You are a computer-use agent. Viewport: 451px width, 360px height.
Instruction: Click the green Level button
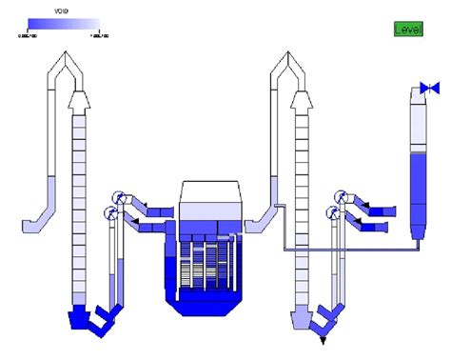[408, 30]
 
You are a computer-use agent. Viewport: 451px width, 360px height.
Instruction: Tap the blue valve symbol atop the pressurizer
[430, 89]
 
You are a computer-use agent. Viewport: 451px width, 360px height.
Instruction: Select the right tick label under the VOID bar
[99, 36]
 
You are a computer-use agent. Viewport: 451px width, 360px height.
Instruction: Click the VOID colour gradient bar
[63, 25]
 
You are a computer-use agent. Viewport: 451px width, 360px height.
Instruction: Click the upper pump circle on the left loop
[119, 195]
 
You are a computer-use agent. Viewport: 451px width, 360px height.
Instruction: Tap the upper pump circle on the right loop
[341, 195]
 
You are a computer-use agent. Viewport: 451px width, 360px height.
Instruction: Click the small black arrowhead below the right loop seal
[324, 338]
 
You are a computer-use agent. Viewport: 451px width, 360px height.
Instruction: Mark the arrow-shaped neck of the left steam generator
[78, 100]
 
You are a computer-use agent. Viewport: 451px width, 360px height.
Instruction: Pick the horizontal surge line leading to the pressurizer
[352, 250]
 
